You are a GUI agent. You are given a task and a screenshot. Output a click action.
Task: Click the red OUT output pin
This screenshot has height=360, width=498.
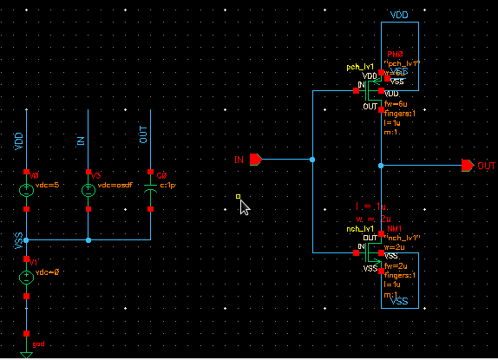tap(468, 165)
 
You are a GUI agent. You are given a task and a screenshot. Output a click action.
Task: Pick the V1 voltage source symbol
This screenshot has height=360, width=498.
tap(27, 277)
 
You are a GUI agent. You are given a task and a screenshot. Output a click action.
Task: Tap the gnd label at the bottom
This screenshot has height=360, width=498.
tap(38, 344)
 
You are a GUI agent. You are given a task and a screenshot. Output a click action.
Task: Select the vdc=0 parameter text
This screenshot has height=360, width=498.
tap(45, 272)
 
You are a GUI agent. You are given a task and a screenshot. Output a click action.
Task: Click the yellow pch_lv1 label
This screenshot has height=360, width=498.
tap(359, 67)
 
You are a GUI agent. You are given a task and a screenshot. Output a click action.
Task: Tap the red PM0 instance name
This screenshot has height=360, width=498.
tap(396, 55)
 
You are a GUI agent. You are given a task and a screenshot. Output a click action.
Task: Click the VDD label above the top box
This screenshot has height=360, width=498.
tap(401, 16)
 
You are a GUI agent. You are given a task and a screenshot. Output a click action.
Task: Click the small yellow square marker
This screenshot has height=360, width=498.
tap(238, 197)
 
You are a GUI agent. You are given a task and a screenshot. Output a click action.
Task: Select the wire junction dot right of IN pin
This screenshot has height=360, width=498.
tap(312, 160)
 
